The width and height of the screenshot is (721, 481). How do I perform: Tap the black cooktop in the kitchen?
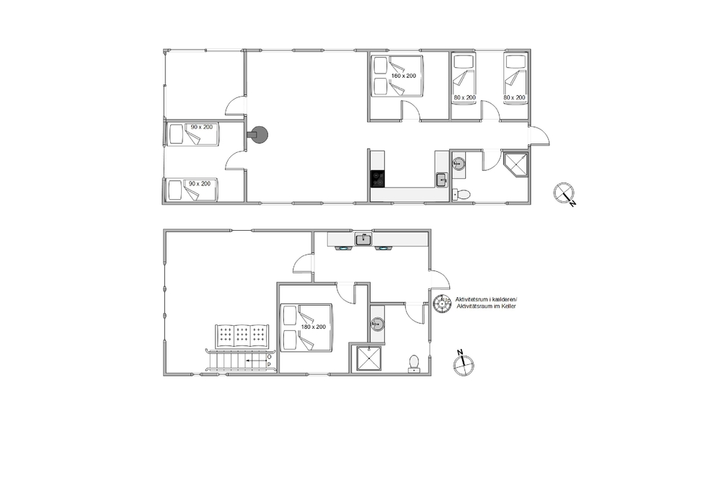click(379, 179)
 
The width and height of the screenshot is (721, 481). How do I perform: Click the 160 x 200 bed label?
click(403, 76)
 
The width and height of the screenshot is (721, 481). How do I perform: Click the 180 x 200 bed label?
click(313, 327)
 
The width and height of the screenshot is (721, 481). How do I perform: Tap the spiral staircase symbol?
click(442, 304)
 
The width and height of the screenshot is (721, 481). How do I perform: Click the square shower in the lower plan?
click(368, 358)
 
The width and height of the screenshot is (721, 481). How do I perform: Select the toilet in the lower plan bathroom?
click(414, 363)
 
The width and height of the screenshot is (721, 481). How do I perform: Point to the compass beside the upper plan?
click(565, 193)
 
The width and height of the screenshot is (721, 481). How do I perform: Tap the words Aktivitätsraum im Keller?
click(486, 306)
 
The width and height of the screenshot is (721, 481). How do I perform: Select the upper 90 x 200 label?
click(201, 127)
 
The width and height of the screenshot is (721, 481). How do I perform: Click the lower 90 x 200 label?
click(200, 184)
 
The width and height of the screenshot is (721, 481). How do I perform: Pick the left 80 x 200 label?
click(464, 97)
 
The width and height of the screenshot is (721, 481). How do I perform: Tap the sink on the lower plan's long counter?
click(363, 239)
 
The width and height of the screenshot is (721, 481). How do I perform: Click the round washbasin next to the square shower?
click(377, 325)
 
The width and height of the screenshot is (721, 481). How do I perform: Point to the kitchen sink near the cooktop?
click(442, 180)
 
